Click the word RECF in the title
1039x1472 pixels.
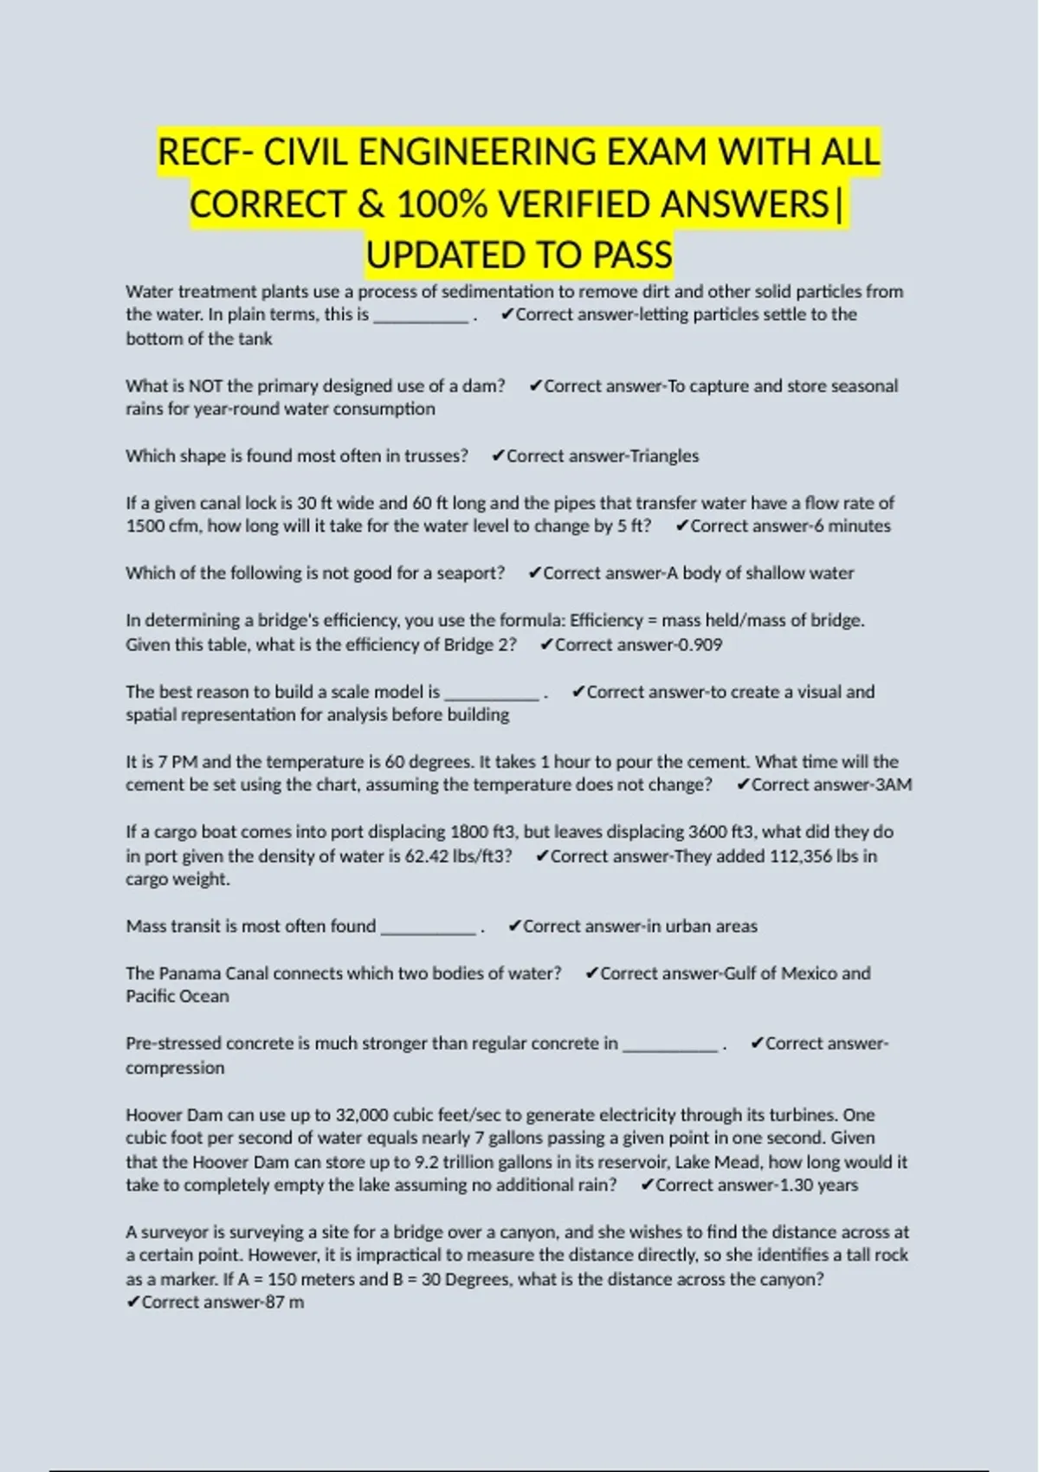(x=200, y=152)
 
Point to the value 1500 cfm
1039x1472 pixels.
(x=163, y=526)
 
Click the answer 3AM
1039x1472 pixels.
(x=893, y=785)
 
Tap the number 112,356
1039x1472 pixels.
(x=795, y=856)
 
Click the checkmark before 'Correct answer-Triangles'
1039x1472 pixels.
(x=498, y=456)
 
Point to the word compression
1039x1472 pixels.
(x=175, y=1068)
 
